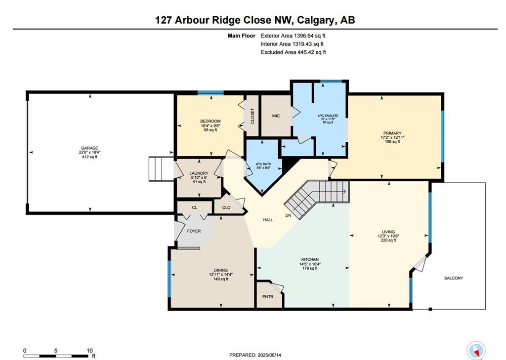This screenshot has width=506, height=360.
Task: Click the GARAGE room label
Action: (89, 148)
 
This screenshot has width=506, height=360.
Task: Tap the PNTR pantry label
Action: (268, 296)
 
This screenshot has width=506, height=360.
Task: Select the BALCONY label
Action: (454, 278)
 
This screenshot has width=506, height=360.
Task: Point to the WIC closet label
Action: (276, 116)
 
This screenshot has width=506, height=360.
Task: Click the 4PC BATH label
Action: (264, 164)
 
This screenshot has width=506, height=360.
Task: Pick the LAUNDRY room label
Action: (199, 173)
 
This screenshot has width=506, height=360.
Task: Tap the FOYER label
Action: (194, 231)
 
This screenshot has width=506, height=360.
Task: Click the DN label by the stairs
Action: (288, 215)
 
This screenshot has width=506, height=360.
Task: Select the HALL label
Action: (268, 220)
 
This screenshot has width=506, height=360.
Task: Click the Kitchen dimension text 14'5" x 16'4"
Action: (310, 264)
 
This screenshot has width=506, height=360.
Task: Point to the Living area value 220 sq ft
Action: (388, 240)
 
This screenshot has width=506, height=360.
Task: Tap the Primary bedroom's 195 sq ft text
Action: (392, 141)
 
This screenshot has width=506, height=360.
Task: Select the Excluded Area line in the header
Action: (294, 52)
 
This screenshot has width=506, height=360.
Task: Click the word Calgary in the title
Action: (315, 20)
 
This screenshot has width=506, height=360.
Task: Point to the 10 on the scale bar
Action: (89, 351)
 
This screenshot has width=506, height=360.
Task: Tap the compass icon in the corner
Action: (476, 350)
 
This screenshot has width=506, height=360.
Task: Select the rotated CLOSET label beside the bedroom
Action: (253, 116)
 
